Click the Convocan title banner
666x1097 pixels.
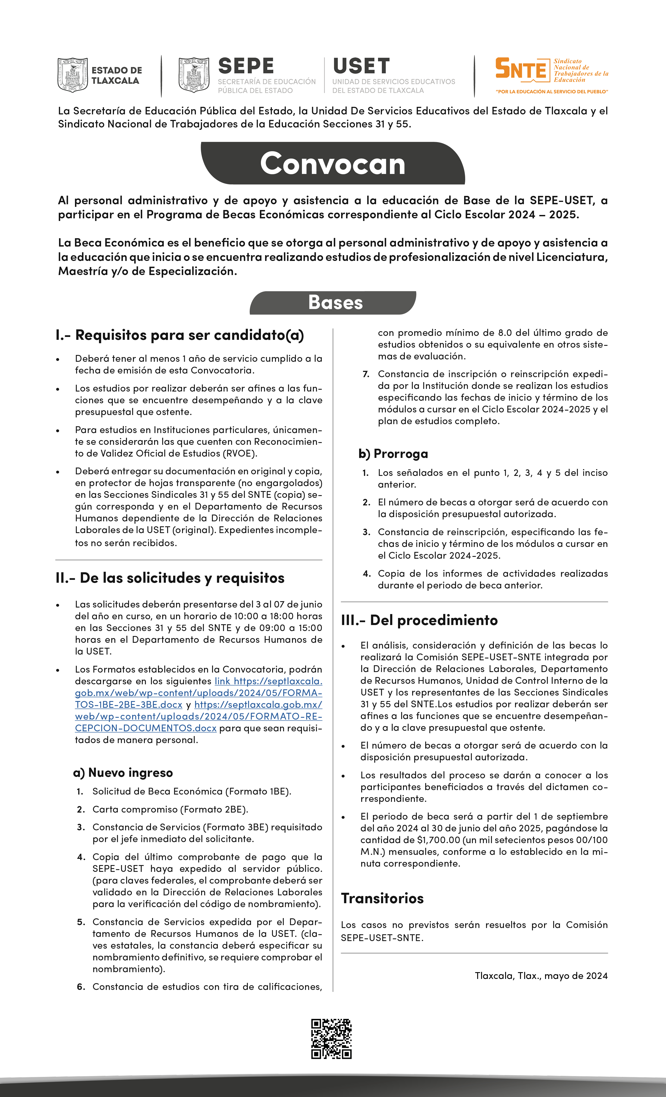(x=332, y=164)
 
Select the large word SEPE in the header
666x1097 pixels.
(x=246, y=66)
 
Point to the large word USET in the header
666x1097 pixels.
(x=361, y=66)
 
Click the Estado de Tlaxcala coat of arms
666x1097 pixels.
(x=73, y=74)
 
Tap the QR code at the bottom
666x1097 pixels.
(x=331, y=1038)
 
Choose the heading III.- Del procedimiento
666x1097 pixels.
(x=419, y=620)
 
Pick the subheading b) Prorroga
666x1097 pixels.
(x=393, y=454)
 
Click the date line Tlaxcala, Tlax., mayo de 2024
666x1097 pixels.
(x=541, y=976)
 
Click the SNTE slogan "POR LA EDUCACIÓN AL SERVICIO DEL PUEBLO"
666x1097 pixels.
(x=552, y=92)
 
